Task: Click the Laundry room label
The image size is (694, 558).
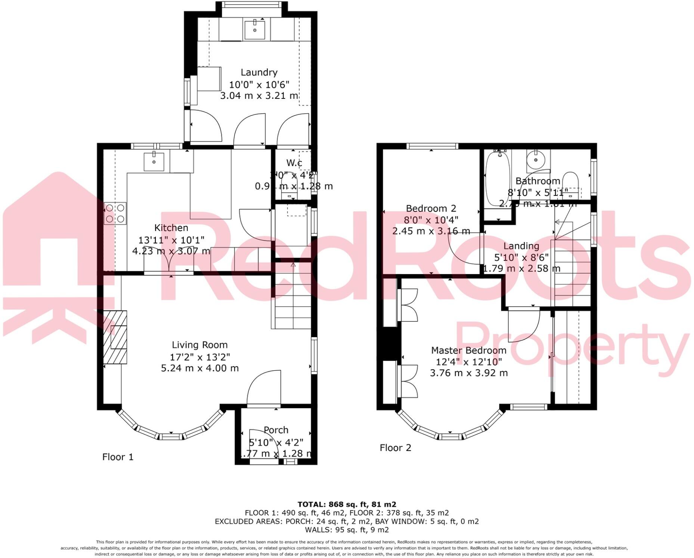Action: click(x=259, y=72)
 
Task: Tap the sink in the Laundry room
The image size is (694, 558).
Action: click(x=255, y=30)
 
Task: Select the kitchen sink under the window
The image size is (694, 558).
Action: click(x=154, y=162)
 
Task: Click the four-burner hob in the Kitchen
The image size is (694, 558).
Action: click(x=115, y=213)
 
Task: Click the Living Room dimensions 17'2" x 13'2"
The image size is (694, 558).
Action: click(x=200, y=357)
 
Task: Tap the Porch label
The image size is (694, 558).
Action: click(x=276, y=430)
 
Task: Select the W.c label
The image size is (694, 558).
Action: click(x=294, y=163)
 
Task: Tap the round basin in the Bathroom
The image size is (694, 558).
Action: click(x=536, y=160)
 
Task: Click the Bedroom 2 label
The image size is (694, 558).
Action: click(x=431, y=209)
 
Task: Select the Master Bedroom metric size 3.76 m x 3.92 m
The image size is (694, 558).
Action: click(x=469, y=373)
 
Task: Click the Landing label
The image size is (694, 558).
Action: click(x=521, y=246)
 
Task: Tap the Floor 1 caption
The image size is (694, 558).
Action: click(x=118, y=457)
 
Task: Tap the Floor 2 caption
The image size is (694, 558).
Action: click(x=395, y=448)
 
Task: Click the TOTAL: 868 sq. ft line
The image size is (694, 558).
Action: click(x=347, y=504)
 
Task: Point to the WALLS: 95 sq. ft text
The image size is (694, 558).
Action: click(x=347, y=530)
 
